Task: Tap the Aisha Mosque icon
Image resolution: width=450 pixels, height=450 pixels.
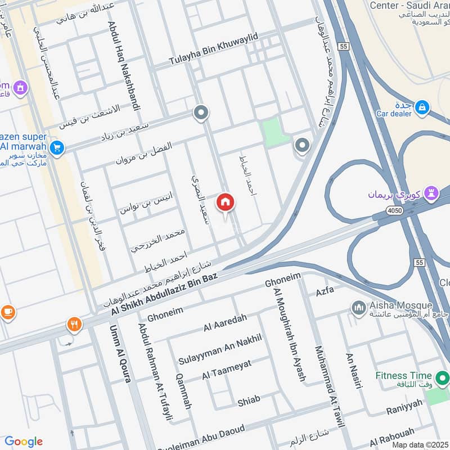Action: (x=358, y=308)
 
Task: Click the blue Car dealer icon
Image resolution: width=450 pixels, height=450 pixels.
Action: (x=422, y=107)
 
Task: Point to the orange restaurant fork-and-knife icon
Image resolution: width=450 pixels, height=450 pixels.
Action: (x=74, y=324)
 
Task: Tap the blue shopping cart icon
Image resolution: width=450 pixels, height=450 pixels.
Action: (x=56, y=148)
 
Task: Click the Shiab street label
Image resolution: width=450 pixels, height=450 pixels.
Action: (x=249, y=400)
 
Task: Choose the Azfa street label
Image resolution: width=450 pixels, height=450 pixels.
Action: (x=325, y=291)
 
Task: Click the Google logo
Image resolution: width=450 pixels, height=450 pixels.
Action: (x=23, y=441)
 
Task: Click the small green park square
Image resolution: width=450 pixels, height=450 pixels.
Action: (x=276, y=133)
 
